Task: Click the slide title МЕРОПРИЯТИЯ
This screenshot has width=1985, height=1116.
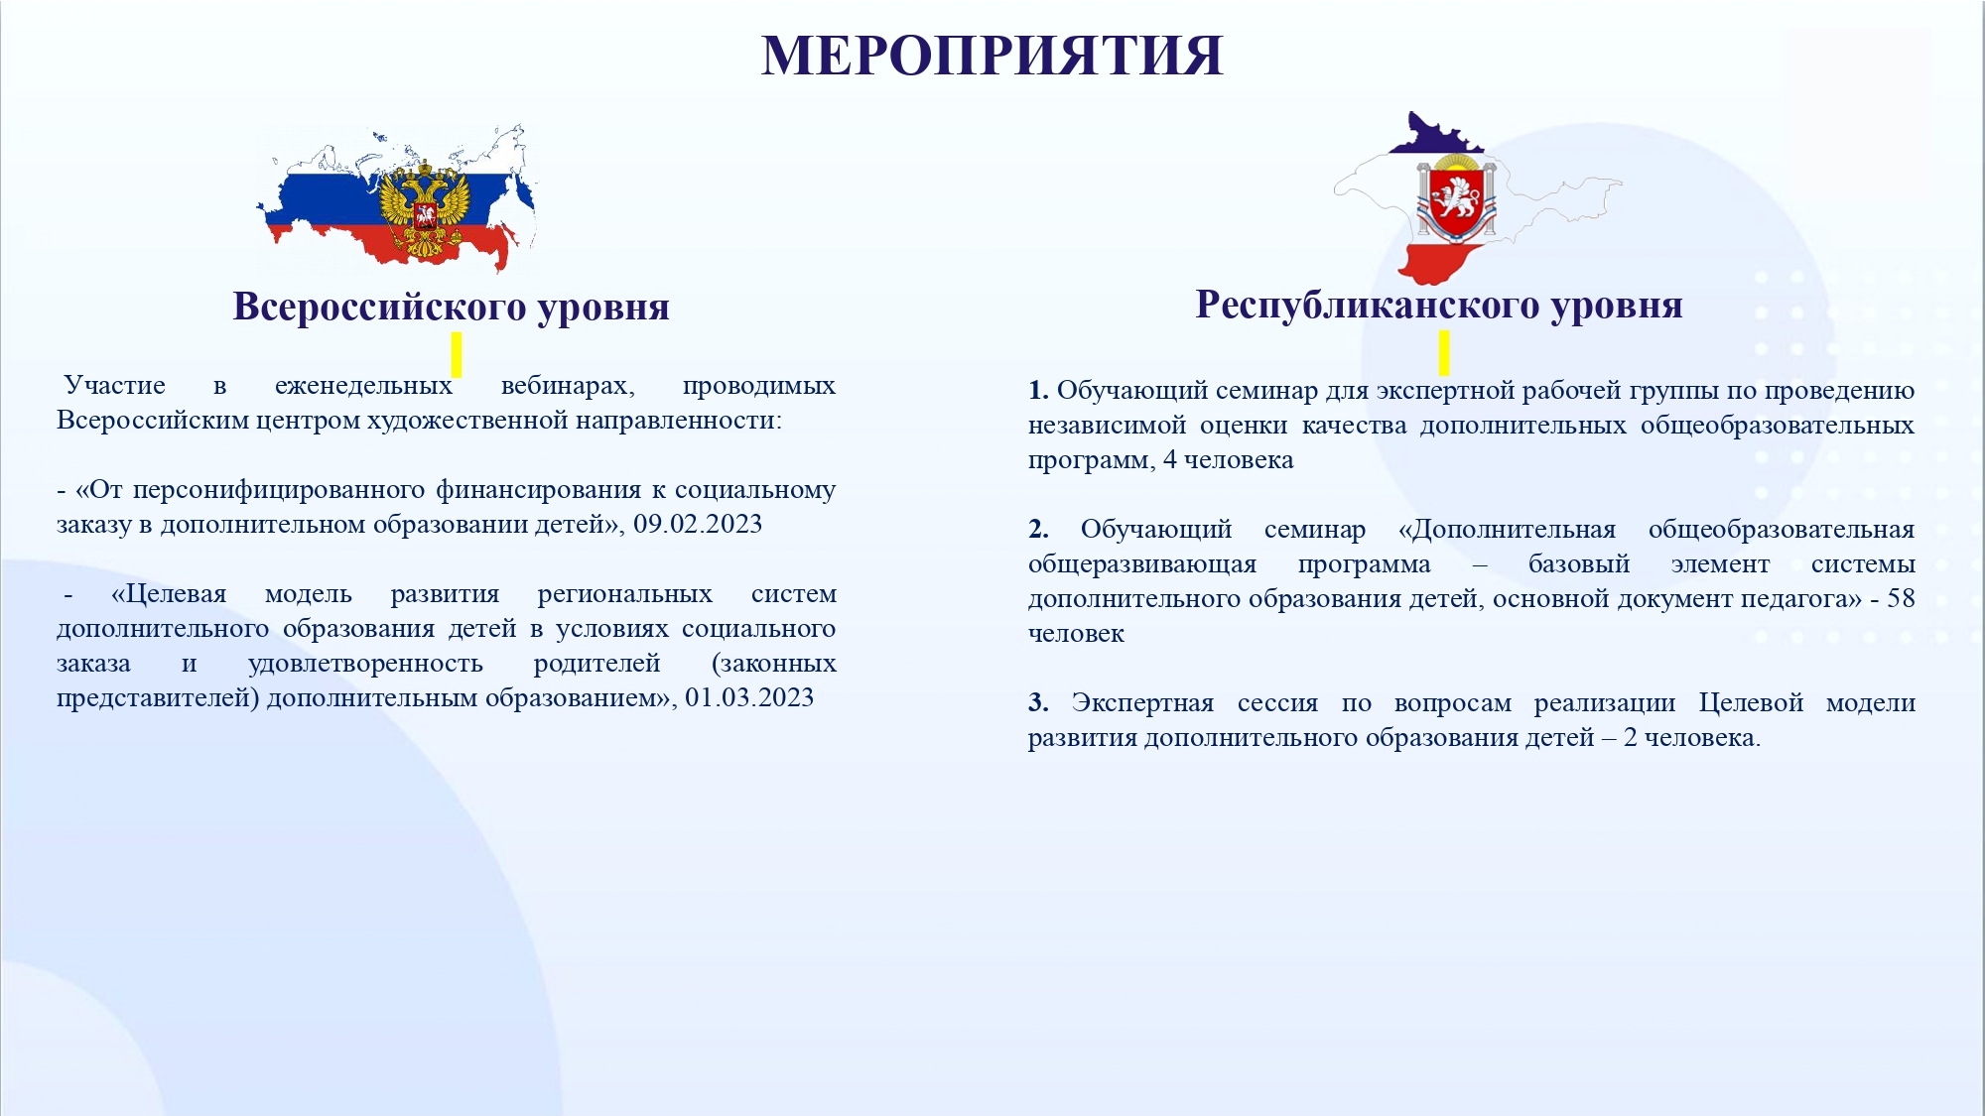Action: click(992, 56)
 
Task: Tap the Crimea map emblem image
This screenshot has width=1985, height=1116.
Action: click(1477, 198)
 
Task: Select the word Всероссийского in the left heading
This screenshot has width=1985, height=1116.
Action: click(379, 307)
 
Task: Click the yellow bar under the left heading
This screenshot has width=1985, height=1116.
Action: click(457, 354)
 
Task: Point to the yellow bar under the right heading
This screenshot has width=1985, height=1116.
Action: click(1444, 352)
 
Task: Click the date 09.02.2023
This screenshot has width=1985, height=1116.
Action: click(698, 524)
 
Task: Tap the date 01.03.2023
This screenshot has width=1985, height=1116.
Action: click(749, 697)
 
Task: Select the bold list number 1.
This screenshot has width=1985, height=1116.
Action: click(1038, 390)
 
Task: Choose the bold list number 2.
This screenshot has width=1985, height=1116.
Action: click(1038, 529)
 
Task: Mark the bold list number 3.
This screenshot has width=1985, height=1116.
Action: click(1038, 702)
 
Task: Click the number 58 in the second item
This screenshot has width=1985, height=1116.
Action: click(1901, 598)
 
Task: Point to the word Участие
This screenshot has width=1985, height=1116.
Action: click(115, 386)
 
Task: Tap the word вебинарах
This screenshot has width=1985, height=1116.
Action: click(568, 386)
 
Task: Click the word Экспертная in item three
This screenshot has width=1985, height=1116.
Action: click(1142, 703)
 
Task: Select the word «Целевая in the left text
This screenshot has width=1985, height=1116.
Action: click(169, 594)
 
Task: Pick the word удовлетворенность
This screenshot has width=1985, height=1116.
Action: click(365, 664)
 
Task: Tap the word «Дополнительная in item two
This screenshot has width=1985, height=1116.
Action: click(1507, 530)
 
